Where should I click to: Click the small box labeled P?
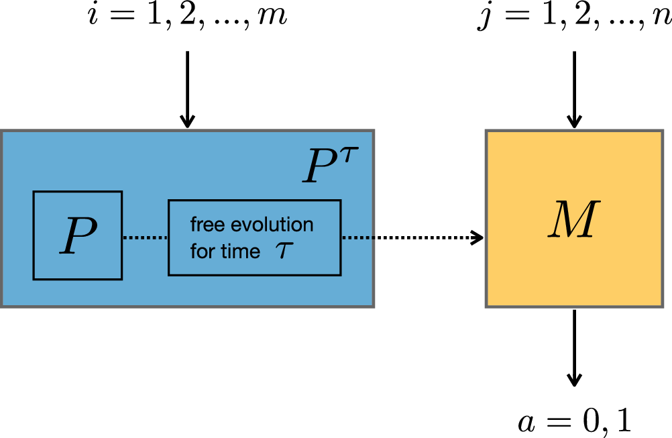click(77, 235)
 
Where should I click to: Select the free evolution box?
click(254, 237)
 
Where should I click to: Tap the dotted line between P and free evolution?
click(145, 237)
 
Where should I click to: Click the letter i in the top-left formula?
click(95, 17)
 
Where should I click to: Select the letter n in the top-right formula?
click(663, 18)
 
